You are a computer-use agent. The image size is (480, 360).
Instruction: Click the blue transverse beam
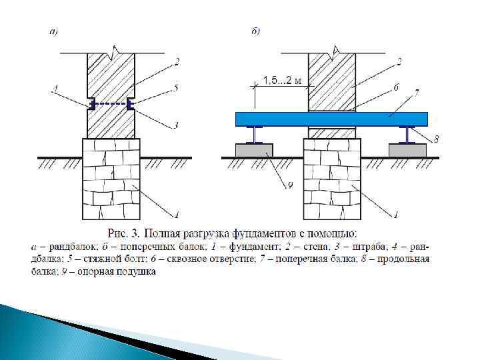pos(331,119)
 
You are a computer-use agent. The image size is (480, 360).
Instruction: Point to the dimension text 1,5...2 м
pos(283,81)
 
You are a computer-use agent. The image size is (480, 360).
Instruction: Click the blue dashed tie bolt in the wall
pos(110,103)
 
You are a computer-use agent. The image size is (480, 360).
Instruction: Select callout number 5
pos(175,86)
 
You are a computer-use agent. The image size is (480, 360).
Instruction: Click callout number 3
pos(175,125)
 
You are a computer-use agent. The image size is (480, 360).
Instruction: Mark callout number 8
pos(437,139)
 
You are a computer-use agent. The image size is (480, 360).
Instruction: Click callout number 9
pos(289,186)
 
